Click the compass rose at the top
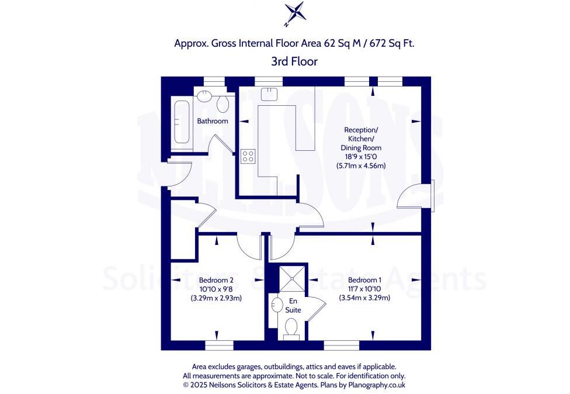294,14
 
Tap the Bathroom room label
212,121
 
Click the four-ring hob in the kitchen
248,156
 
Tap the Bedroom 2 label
216,279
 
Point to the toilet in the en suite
292,330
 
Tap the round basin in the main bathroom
203,96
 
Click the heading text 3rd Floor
294,61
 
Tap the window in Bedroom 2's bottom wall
220,345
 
